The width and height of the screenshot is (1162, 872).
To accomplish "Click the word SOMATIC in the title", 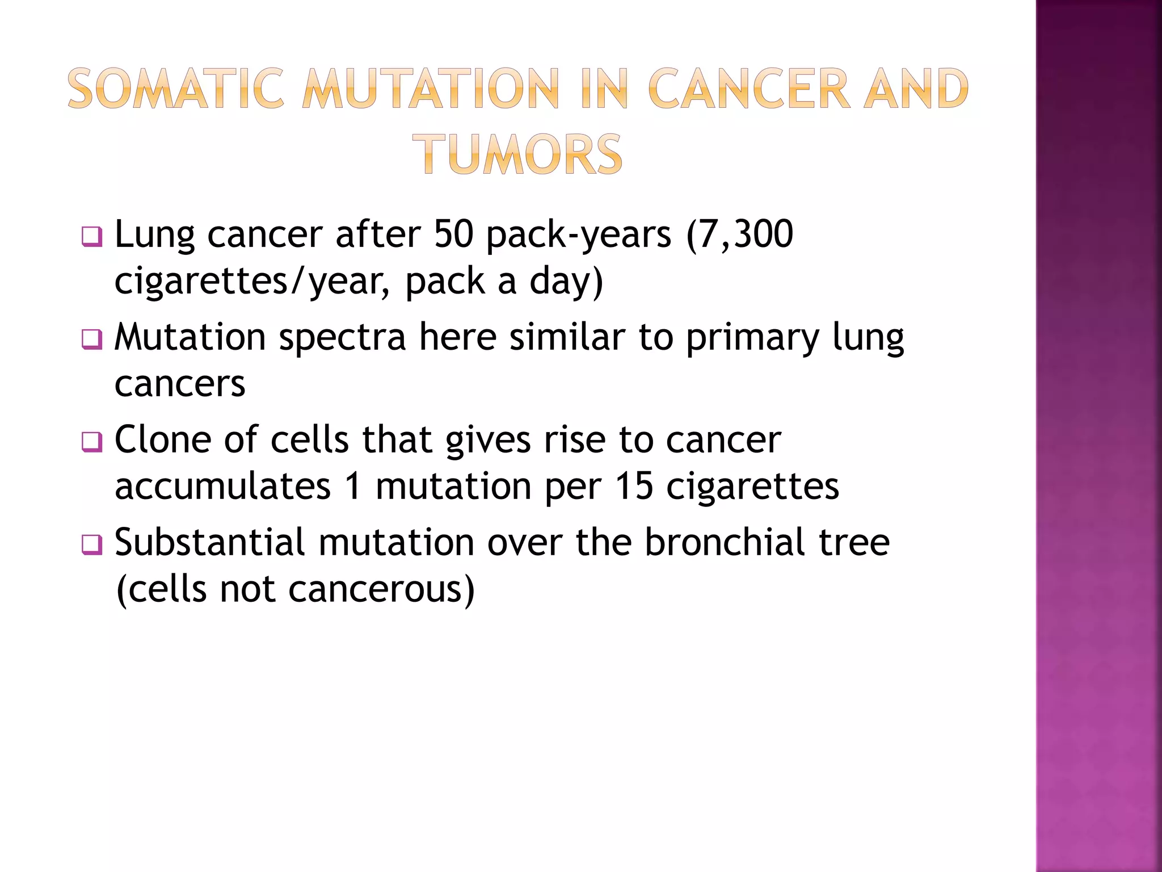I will tap(175, 89).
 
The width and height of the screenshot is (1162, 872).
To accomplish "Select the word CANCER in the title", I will tap(748, 89).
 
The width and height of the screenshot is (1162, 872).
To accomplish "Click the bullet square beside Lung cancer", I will tap(91, 237).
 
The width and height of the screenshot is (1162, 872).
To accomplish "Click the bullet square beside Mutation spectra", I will tap(91, 339).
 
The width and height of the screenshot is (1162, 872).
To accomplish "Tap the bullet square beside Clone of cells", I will tap(91, 442).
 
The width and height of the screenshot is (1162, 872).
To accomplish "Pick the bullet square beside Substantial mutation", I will tap(91, 544).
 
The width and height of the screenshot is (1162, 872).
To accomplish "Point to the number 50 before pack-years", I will tap(453, 234).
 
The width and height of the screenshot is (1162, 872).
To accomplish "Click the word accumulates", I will tap(222, 486).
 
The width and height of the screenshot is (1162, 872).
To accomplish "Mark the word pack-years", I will tap(579, 235).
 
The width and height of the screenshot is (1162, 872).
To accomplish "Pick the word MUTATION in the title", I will tap(431, 89).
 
